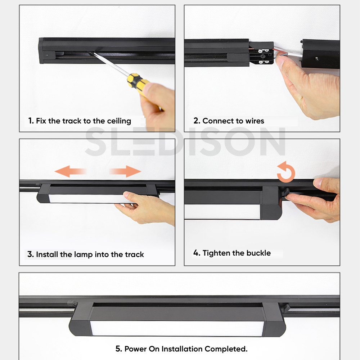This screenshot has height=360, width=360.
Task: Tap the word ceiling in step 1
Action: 119,121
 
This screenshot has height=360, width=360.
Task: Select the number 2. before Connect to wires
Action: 197,121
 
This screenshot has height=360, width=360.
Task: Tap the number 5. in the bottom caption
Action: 119,349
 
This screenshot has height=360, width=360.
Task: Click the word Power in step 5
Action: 136,349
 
